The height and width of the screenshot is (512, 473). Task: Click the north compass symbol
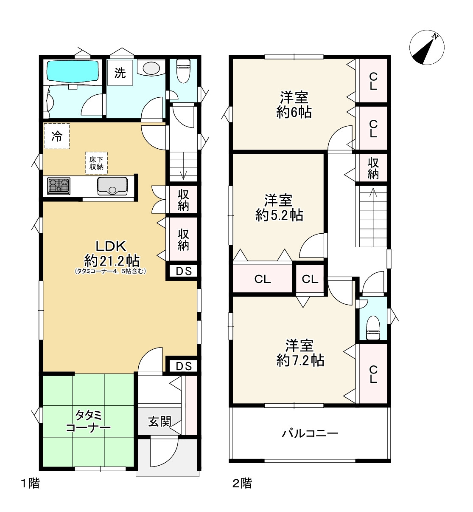coord(427,48)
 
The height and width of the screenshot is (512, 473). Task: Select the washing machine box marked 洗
coord(120,73)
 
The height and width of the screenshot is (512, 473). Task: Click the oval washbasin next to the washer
coord(151,68)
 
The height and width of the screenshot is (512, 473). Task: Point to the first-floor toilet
coord(183,71)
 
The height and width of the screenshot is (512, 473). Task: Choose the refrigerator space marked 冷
coord(57,136)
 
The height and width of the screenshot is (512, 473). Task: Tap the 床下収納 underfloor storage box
coord(96,163)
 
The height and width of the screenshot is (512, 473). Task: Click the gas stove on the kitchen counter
coord(59,186)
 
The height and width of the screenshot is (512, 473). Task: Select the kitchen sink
coord(112,186)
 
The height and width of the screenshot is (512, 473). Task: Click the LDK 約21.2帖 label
coord(112,254)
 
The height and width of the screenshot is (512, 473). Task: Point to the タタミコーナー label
coord(88,421)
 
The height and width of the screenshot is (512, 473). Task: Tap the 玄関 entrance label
coord(160,421)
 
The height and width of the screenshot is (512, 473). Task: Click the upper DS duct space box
coord(184,271)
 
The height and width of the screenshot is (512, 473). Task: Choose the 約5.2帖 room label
coord(279,207)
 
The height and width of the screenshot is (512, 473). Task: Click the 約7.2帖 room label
coord(300,353)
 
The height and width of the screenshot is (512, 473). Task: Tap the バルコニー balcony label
coord(310,433)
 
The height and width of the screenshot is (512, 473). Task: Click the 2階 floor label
coord(242,483)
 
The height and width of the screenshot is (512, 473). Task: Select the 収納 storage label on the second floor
coord(373,169)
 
